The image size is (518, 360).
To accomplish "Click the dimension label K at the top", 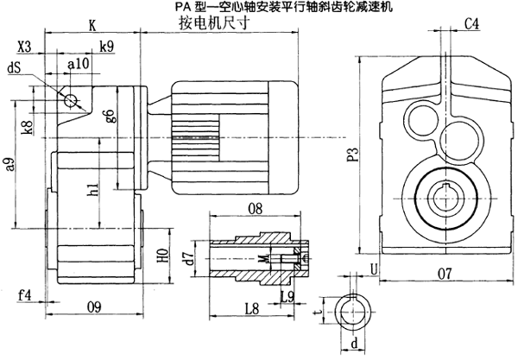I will point(92,25).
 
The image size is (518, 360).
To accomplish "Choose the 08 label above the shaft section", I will point(255,208).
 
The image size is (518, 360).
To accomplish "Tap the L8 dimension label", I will point(252,306).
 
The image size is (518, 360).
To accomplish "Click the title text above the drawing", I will point(258,7).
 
